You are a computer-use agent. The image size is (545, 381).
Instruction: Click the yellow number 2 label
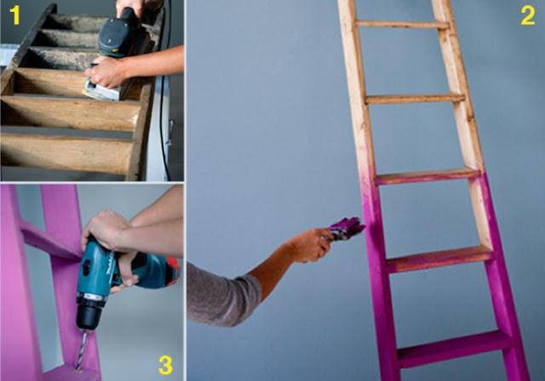[527, 14]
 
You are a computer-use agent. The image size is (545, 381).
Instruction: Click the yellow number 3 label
[165, 365]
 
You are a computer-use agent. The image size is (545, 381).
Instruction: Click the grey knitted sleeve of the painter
[221, 294]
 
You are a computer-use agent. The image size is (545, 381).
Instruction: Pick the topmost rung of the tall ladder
[400, 24]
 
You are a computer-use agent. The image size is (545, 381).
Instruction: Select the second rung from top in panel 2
[414, 99]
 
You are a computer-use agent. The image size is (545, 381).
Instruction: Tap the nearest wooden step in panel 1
[64, 153]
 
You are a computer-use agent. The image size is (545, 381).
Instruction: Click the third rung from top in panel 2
[427, 175]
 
